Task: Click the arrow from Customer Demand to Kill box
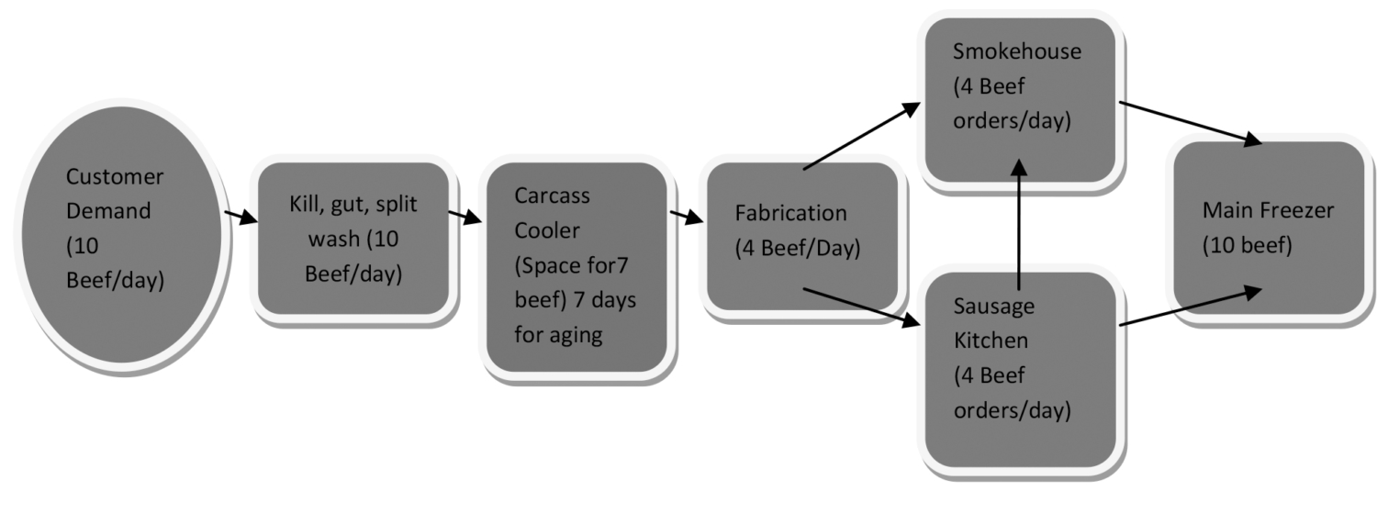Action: coord(241,218)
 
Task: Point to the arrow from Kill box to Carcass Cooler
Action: coord(465,218)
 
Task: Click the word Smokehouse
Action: coord(1017,51)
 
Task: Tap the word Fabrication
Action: coord(790,213)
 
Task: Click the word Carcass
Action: coord(552,195)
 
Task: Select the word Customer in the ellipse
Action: coord(115,176)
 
